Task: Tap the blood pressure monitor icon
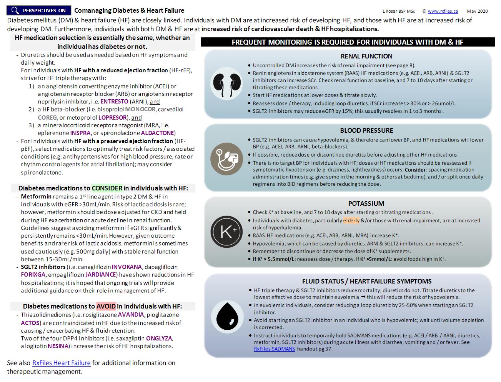click(226, 158)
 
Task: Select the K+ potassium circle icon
click(226, 232)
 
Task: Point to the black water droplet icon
click(227, 315)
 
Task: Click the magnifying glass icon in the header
click(15, 10)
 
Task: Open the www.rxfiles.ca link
click(443, 11)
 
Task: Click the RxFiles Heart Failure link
click(61, 363)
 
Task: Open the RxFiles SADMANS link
click(274, 349)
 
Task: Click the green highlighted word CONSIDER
click(107, 188)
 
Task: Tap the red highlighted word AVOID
click(106, 306)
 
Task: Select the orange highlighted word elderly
click(351, 220)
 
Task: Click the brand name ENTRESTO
click(114, 102)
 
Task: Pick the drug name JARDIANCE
click(100, 275)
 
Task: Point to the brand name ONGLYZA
click(159, 338)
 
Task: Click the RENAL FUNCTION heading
click(366, 56)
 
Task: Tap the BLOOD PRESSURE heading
click(366, 130)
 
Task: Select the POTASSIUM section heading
click(366, 204)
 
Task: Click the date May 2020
click(477, 11)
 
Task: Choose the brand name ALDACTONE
click(158, 133)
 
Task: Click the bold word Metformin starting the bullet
click(36, 197)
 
